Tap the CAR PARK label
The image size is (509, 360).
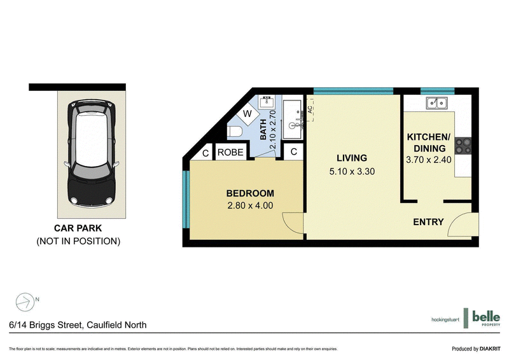pos(78,228)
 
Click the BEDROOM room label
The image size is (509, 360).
pos(250,193)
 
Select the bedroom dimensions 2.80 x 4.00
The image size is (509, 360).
pos(250,205)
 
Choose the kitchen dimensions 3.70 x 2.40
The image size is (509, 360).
pos(428,160)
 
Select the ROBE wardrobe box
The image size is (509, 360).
pos(230,153)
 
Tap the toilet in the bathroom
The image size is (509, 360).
pos(235,131)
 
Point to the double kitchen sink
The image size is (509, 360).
pos(437,102)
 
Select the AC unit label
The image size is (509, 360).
pos(310,111)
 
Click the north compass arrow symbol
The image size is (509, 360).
pos(24,301)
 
